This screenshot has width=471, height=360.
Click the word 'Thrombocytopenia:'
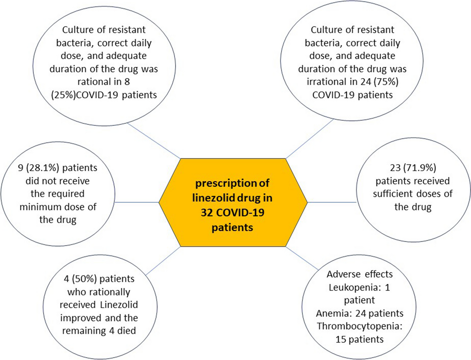[x=360, y=326]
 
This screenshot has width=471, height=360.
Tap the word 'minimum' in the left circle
[x=39, y=207]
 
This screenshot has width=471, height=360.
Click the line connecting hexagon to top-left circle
[x=154, y=142]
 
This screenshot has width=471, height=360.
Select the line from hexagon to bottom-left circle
[x=163, y=261]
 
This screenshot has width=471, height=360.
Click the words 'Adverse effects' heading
[x=360, y=274]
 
